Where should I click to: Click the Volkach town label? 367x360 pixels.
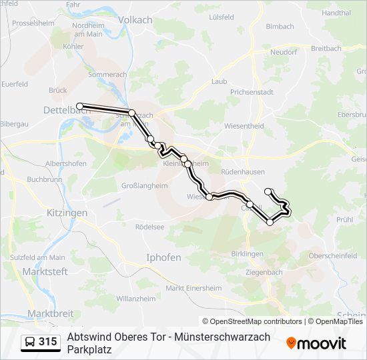pyautogui.click(x=135, y=20)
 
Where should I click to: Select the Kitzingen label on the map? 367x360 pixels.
pyautogui.click(x=67, y=213)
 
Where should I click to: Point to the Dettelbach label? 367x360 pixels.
pyautogui.click(x=66, y=110)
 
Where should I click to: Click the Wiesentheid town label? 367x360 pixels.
pyautogui.click(x=244, y=125)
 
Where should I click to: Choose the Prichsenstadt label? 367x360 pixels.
pyautogui.click(x=252, y=92)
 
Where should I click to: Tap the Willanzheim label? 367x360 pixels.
pyautogui.click(x=135, y=299)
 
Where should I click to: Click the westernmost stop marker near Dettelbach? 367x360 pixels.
pyautogui.click(x=79, y=106)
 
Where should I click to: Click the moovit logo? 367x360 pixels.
pyautogui.click(x=316, y=343)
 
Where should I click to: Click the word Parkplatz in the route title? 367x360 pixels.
pyautogui.click(x=91, y=349)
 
